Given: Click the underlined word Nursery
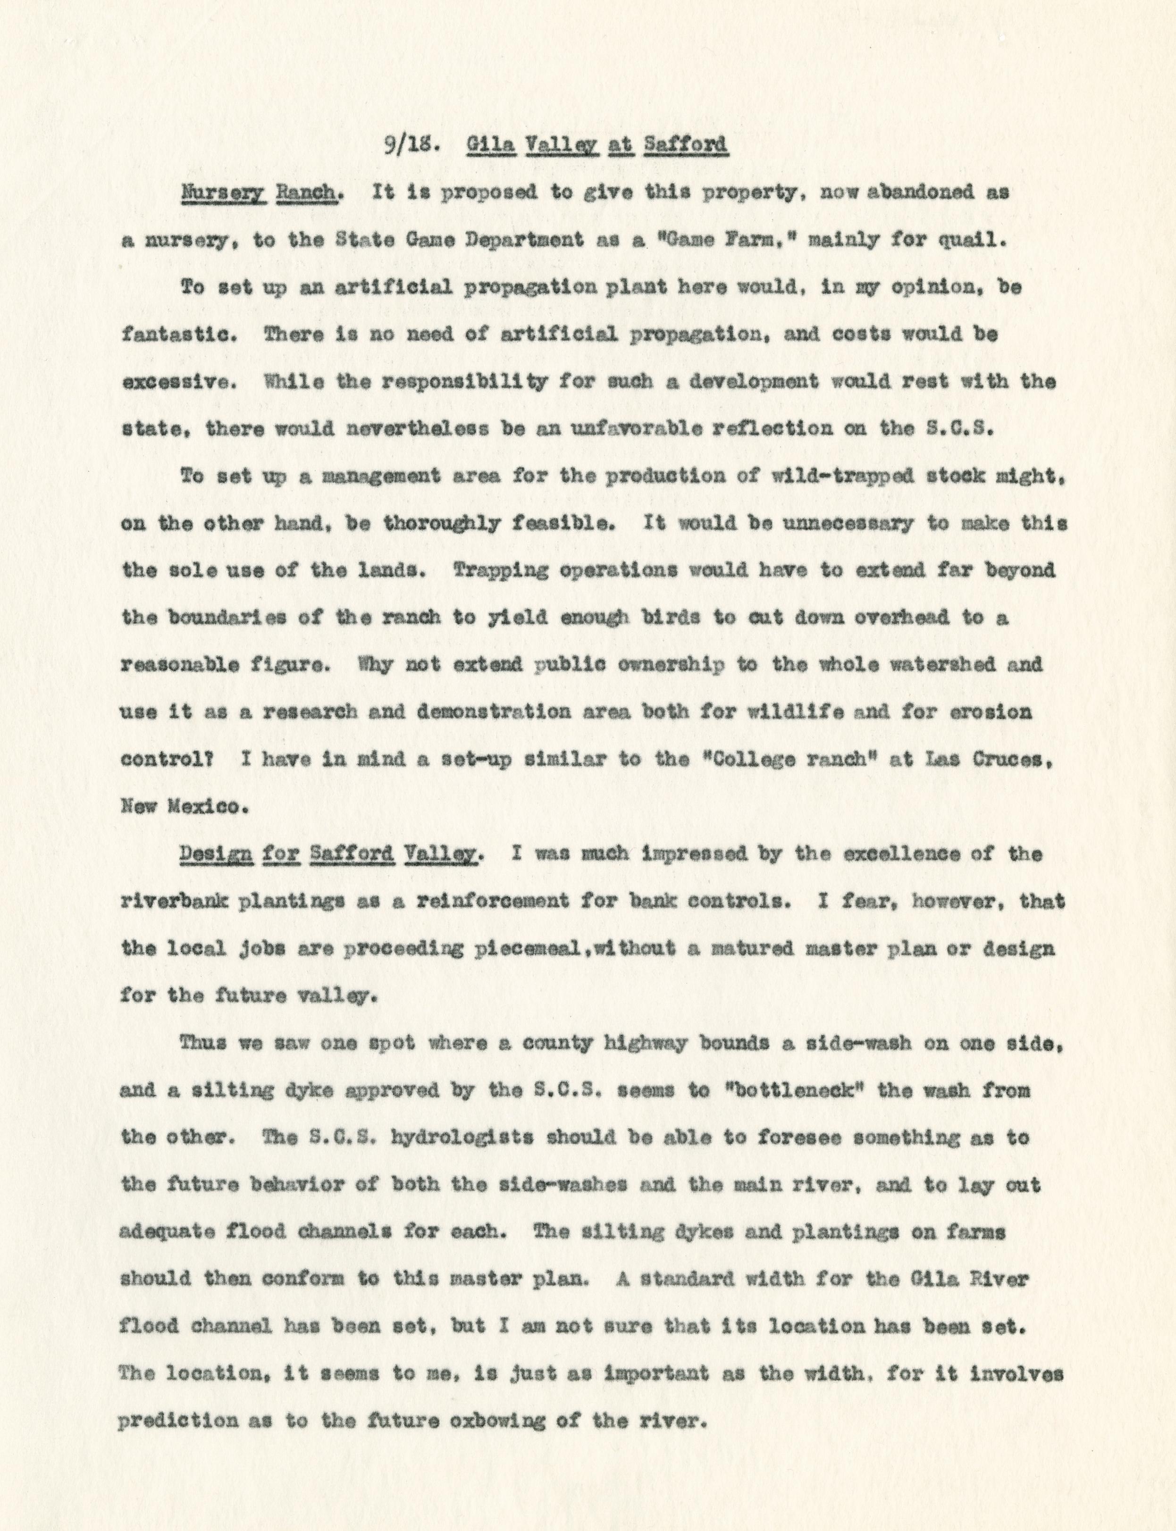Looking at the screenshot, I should point(216,194).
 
